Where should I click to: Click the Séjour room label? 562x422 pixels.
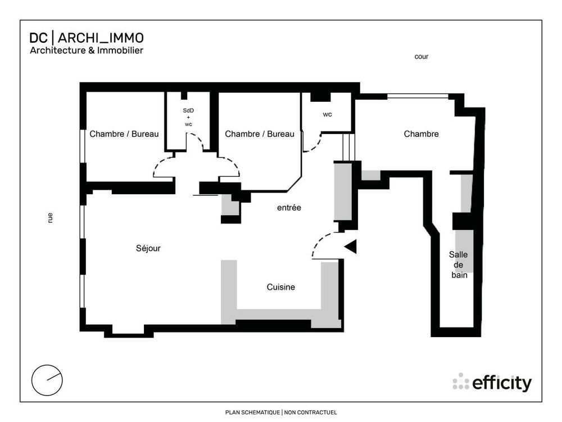(148, 248)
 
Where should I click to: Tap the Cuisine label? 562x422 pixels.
(280, 287)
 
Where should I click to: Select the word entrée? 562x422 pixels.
(289, 208)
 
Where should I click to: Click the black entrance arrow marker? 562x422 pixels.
(351, 246)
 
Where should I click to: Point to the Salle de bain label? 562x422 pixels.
(459, 264)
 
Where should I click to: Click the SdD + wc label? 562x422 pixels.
(188, 117)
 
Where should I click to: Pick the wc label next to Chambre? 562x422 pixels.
(327, 114)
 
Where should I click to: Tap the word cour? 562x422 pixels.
(421, 56)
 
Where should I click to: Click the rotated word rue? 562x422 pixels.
(51, 218)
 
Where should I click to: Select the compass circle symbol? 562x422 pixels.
(47, 380)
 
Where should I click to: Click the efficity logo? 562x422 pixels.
(492, 383)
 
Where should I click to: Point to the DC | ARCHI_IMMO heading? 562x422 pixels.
(87, 38)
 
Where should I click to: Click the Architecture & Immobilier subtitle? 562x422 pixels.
(87, 51)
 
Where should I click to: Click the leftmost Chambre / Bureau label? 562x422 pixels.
(124, 134)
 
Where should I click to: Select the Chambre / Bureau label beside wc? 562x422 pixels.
(259, 134)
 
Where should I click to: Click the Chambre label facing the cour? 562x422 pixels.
(421, 134)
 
